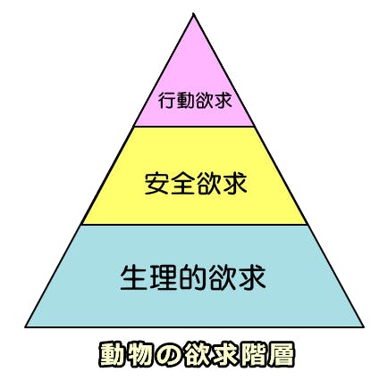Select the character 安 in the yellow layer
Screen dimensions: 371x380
click(157, 184)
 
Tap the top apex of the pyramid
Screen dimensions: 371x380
click(194, 13)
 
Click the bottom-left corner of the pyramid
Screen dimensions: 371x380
click(26, 326)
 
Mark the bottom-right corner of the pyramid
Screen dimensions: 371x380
click(363, 326)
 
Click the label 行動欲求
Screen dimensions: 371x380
click(195, 100)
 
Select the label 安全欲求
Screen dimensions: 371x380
click(196, 184)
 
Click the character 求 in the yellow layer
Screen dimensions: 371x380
click(235, 184)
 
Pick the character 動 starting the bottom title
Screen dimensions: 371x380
click(113, 355)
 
